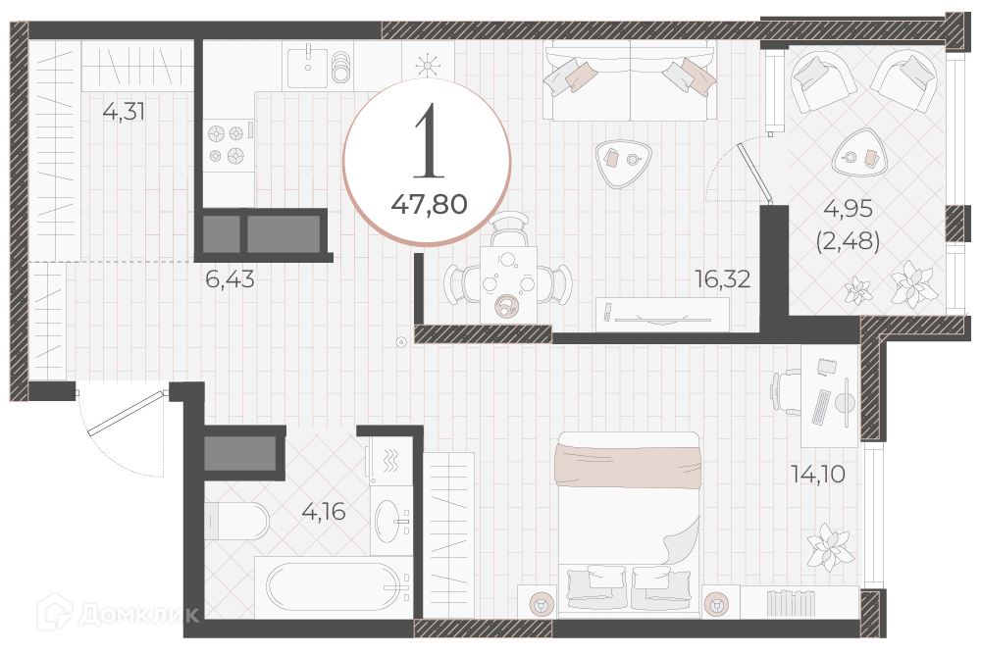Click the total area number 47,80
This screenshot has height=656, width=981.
(430, 204)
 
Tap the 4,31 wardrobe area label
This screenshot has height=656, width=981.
(124, 112)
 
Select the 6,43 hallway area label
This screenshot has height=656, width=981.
(230, 278)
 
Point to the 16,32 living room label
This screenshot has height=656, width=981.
(723, 278)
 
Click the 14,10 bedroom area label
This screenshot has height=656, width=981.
(818, 474)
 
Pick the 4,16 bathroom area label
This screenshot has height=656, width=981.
(324, 512)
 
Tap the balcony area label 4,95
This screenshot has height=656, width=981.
(848, 208)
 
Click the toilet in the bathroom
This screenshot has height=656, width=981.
(236, 521)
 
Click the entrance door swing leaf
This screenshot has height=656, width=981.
(126, 414)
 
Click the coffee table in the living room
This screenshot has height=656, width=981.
(623, 163)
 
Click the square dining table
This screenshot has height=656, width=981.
(508, 284)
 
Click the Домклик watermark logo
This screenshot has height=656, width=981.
(119, 611)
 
